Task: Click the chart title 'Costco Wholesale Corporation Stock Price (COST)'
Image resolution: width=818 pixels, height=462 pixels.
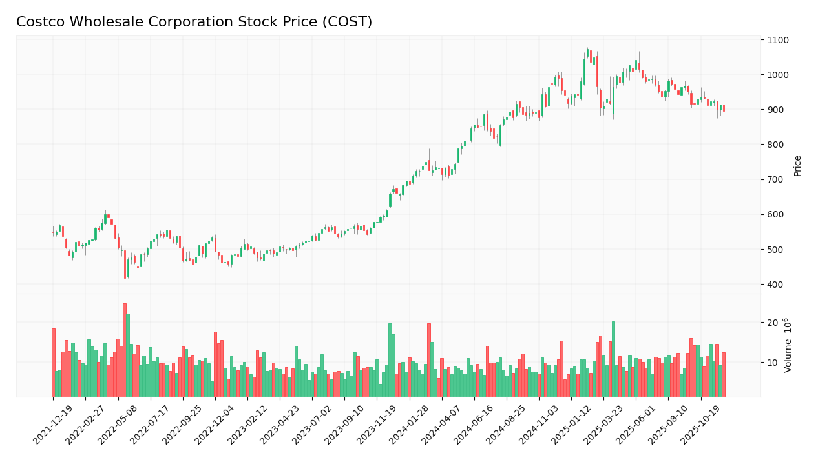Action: (194, 22)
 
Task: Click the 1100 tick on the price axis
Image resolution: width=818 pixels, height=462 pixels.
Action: (777, 40)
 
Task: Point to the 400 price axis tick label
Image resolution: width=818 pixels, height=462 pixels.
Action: (775, 285)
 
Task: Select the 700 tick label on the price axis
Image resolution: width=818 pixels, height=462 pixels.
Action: (775, 179)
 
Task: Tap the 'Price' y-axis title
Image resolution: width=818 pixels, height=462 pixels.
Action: (797, 165)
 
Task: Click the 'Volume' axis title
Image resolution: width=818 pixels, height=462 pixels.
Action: (788, 345)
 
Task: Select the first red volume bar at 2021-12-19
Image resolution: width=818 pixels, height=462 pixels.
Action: (54, 363)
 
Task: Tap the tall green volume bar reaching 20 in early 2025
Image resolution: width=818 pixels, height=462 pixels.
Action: (613, 359)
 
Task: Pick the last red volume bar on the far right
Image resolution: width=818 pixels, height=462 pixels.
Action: (724, 374)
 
